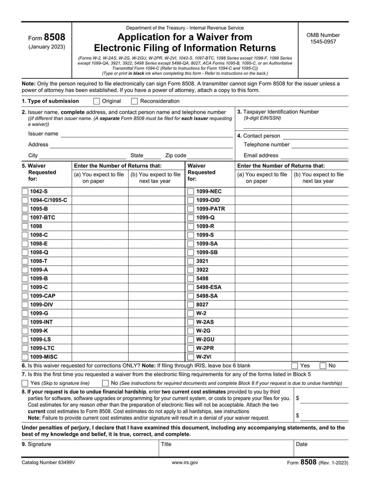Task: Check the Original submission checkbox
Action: tap(97, 101)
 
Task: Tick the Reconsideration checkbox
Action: tap(135, 101)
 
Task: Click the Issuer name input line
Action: tap(147, 134)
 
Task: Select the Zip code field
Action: tap(210, 156)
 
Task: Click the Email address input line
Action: tap(314, 156)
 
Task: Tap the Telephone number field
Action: tap(320, 145)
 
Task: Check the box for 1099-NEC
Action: tap(190, 192)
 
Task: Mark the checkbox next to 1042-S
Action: tap(25, 192)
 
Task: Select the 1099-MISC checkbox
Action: tap(25, 357)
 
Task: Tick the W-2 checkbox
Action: tap(190, 313)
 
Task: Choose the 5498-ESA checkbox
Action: tap(190, 287)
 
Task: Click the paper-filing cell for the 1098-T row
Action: tap(100, 261)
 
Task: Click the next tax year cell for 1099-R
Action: tap(320, 226)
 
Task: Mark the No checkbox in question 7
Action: tap(105, 383)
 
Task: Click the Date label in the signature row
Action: tap(302, 444)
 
